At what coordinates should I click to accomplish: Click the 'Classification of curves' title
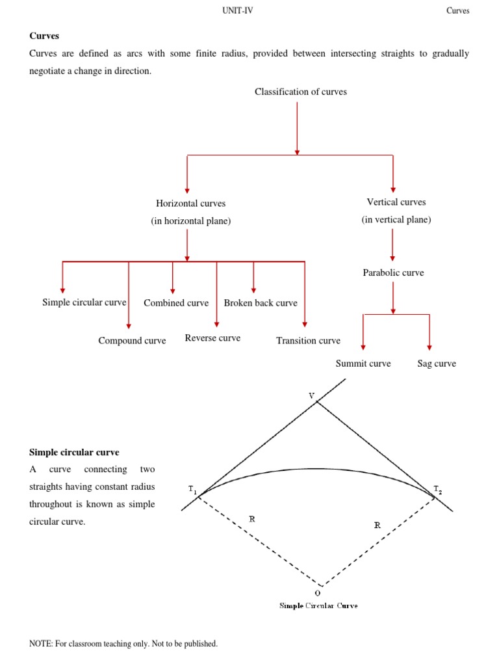(301, 92)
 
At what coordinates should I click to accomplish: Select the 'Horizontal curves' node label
(190, 204)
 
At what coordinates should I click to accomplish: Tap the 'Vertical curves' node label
(396, 202)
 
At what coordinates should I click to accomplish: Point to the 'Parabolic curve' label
(393, 273)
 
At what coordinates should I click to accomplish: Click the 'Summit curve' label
(363, 364)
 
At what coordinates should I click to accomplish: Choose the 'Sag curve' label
(437, 364)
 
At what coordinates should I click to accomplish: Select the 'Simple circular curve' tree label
(84, 302)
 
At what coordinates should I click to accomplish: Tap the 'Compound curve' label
(132, 340)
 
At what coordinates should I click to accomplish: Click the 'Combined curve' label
(176, 302)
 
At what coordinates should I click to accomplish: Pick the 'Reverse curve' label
(212, 338)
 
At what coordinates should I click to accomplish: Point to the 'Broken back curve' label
(261, 302)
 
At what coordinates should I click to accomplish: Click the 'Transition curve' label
(308, 340)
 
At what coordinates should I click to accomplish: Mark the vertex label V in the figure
(311, 395)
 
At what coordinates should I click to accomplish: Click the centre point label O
(318, 593)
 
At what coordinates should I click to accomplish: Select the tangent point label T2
(438, 488)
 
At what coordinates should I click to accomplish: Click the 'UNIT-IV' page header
(238, 10)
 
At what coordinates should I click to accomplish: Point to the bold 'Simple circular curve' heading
(74, 452)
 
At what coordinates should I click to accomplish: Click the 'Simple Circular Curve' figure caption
(318, 606)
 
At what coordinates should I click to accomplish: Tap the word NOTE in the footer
(40, 644)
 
